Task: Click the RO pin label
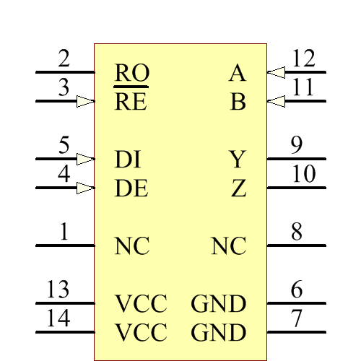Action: pyautogui.click(x=131, y=73)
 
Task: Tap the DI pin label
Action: pyautogui.click(x=128, y=160)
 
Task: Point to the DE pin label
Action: pyautogui.click(x=131, y=188)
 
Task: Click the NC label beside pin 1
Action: pyautogui.click(x=131, y=246)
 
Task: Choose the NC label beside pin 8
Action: pyautogui.click(x=229, y=246)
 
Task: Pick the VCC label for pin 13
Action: pyautogui.click(x=141, y=304)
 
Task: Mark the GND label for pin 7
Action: pyautogui.click(x=219, y=333)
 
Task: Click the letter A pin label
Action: pyautogui.click(x=237, y=73)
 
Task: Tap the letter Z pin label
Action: pyautogui.click(x=239, y=188)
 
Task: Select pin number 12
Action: pyautogui.click(x=304, y=58)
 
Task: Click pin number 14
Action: pyautogui.click(x=58, y=318)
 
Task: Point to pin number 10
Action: pyautogui.click(x=304, y=174)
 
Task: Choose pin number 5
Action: pyautogui.click(x=64, y=145)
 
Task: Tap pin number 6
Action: pyautogui.click(x=297, y=290)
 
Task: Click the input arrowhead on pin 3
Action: pyautogui.click(x=85, y=101)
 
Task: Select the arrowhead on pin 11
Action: pyautogui.click(x=276, y=101)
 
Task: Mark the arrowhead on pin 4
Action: pyautogui.click(x=85, y=188)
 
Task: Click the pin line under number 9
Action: pyautogui.click(x=297, y=159)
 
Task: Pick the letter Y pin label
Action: pyautogui.click(x=238, y=160)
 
